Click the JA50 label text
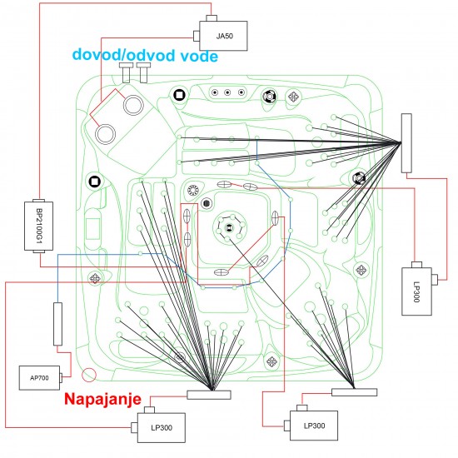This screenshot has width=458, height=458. click(224, 36)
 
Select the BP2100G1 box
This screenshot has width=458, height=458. click(38, 226)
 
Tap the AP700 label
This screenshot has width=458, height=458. click(39, 378)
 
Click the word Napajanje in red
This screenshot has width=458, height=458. click(102, 399)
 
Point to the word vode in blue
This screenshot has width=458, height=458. click(199, 56)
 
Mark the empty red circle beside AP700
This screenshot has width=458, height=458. click(89, 375)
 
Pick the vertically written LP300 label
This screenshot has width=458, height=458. click(416, 291)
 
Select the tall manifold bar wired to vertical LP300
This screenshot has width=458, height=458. click(406, 143)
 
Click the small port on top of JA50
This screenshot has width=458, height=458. click(212, 18)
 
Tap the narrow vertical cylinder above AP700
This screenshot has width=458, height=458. click(57, 324)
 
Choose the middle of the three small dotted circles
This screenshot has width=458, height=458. click(227, 92)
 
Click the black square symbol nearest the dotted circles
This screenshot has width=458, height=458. click(179, 95)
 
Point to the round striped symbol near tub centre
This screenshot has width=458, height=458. click(207, 202)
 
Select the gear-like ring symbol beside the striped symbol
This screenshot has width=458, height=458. click(193, 190)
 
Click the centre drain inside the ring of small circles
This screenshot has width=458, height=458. click(229, 227)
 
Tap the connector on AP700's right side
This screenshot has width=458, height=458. click(61, 378)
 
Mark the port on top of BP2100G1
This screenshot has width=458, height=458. click(38, 201)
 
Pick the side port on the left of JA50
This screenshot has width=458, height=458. click(197, 36)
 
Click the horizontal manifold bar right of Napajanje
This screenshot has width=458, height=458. click(209, 395)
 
